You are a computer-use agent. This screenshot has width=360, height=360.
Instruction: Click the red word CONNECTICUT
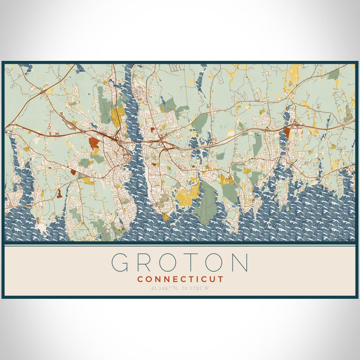[x=180, y=279]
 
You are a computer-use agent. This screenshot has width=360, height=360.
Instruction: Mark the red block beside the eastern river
[x=286, y=133]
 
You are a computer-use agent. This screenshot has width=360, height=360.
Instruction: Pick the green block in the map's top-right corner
[x=334, y=74]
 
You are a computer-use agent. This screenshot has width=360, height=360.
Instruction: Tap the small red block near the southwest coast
[x=59, y=193]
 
